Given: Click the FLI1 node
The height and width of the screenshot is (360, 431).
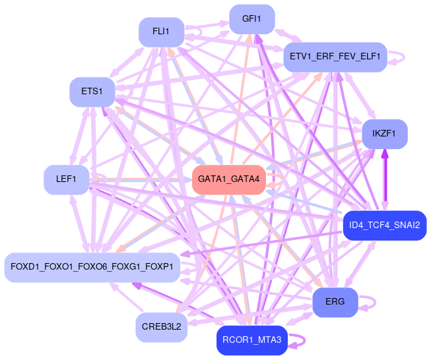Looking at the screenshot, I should pos(161,32).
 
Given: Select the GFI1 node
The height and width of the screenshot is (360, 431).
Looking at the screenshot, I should pos(251,19).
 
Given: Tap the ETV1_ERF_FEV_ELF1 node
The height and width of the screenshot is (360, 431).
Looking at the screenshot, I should pos(335,57).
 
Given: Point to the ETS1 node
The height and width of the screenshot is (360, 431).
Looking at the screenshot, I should pos(92,92).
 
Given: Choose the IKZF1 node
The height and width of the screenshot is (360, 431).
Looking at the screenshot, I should pos(384,134).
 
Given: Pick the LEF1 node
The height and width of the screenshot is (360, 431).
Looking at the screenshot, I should pos(66,179).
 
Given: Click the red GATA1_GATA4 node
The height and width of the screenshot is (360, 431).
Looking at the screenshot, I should pos(228,179).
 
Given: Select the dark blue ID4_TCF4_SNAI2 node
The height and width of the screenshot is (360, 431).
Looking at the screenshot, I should pos(384,225).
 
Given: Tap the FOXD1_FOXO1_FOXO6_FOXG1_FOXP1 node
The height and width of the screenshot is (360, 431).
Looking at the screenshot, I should pos(92,267).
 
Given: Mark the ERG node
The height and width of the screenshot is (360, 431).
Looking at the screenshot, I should pos(335,302).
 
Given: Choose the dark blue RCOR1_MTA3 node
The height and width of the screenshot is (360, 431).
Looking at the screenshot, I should pos(251,340).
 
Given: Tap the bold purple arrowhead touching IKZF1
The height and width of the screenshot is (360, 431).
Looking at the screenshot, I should pos(384,154).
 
